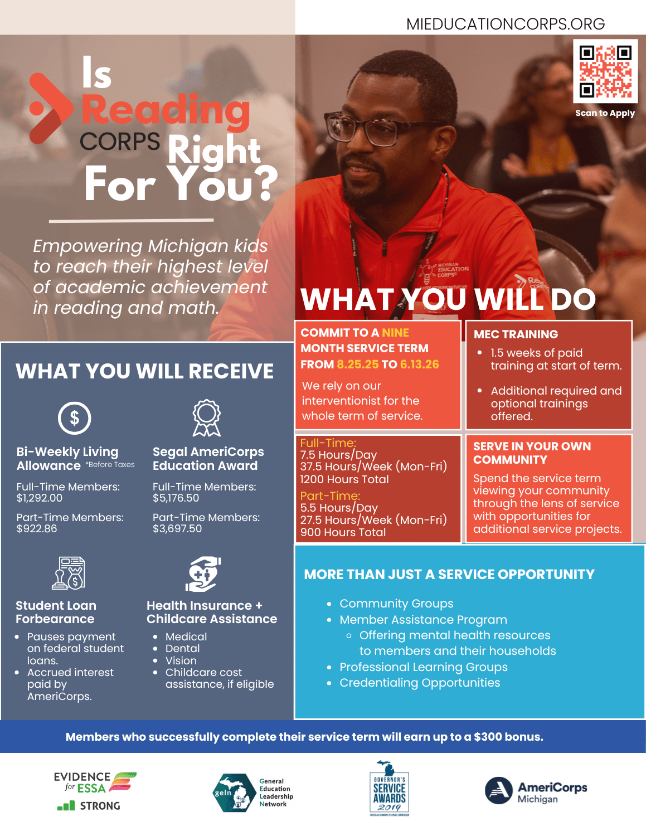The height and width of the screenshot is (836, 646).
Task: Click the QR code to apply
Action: pyautogui.click(x=605, y=71)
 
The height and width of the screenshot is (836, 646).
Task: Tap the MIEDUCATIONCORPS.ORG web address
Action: pyautogui.click(x=505, y=24)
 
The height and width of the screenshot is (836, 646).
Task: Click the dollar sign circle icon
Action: pyautogui.click(x=74, y=418)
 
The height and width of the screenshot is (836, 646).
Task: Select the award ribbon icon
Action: pyautogui.click(x=207, y=418)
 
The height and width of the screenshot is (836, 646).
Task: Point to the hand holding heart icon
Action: pyautogui.click(x=203, y=574)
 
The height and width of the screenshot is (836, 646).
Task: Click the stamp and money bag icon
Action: pyautogui.click(x=69, y=573)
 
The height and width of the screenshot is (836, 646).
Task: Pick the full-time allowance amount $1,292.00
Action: pyautogui.click(x=39, y=498)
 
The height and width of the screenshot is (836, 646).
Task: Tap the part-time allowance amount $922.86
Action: pyautogui.click(x=37, y=528)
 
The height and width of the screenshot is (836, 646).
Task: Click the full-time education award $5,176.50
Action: pyautogui.click(x=176, y=498)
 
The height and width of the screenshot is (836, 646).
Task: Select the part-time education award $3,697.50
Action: pyautogui.click(x=177, y=528)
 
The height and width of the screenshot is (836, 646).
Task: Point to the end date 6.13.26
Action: pyautogui.click(x=419, y=364)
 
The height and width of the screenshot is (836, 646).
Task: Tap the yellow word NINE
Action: pyautogui.click(x=395, y=332)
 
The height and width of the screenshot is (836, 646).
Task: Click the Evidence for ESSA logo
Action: pyautogui.click(x=95, y=791)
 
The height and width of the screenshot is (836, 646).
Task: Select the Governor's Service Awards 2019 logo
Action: pyautogui.click(x=389, y=788)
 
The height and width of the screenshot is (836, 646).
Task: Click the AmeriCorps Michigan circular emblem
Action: pyautogui.click(x=499, y=791)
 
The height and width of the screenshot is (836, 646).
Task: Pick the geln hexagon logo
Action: pyautogui.click(x=234, y=793)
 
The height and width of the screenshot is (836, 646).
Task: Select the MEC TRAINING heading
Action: pyautogui.click(x=516, y=334)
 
